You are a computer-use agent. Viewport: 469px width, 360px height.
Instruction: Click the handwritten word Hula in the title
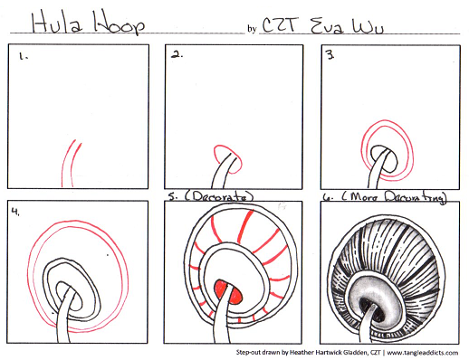pyautogui.click(x=57, y=23)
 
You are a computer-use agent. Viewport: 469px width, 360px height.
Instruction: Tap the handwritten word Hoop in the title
pyautogui.click(x=120, y=24)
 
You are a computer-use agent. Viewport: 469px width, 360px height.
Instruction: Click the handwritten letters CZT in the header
pyautogui.click(x=278, y=24)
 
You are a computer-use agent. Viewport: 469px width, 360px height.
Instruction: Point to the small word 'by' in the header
pyautogui.click(x=252, y=29)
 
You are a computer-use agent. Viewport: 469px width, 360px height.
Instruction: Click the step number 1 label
pyautogui.click(x=24, y=56)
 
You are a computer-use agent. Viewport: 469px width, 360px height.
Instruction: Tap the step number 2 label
pyautogui.click(x=177, y=55)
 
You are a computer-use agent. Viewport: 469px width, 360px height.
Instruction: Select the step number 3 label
pyautogui.click(x=330, y=54)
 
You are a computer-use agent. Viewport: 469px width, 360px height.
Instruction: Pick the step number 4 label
pyautogui.click(x=15, y=211)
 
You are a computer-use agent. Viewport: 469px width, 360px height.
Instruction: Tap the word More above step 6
pyautogui.click(x=364, y=197)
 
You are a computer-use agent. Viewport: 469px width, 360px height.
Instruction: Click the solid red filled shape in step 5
pyautogui.click(x=227, y=292)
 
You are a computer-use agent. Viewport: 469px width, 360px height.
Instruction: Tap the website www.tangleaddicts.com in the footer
pyautogui.click(x=422, y=353)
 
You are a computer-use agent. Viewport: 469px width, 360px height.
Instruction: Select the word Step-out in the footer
pyautogui.click(x=247, y=352)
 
